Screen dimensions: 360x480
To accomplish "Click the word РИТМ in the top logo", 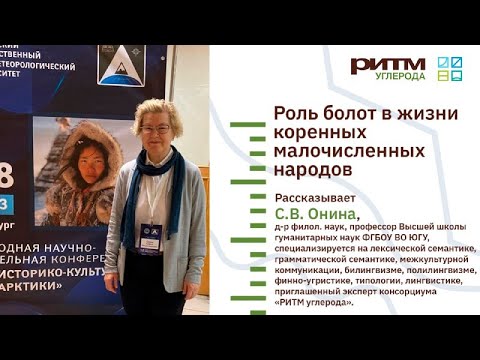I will (387, 65).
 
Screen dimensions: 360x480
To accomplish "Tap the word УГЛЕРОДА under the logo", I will (400, 77).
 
